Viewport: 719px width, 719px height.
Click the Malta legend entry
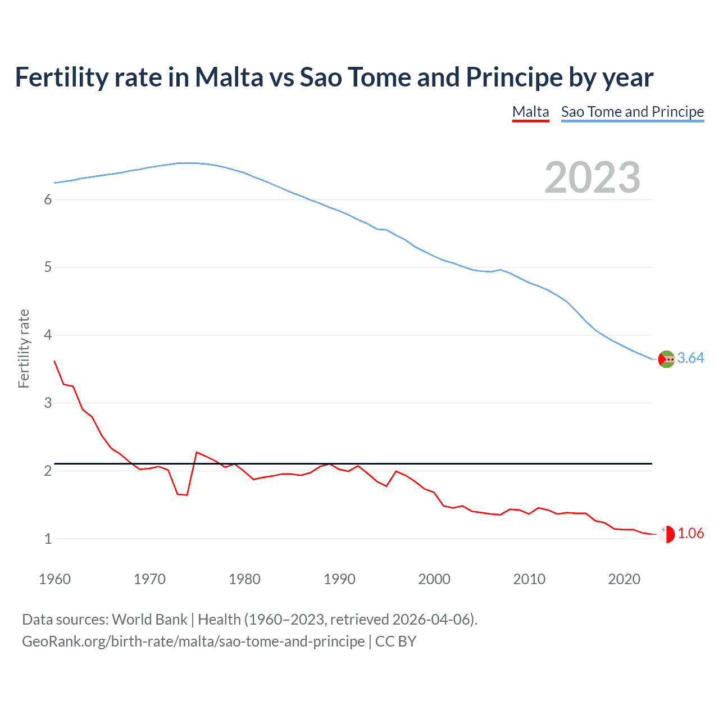(530, 112)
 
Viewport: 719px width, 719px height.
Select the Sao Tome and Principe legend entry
(632, 112)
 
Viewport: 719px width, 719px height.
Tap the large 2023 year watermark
(592, 178)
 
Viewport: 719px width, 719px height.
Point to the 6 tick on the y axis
(48, 199)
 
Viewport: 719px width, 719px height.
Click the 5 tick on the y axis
(48, 267)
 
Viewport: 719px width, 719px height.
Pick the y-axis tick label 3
(48, 403)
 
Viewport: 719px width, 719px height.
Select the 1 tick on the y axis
(48, 539)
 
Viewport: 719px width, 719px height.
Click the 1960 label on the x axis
(54, 579)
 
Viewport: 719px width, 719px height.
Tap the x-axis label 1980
(244, 579)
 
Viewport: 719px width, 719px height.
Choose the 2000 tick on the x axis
(434, 579)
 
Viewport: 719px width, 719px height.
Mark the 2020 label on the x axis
(624, 579)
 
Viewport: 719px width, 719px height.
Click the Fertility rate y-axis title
(24, 348)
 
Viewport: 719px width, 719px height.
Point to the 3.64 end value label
(690, 358)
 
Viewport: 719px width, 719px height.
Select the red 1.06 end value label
(690, 534)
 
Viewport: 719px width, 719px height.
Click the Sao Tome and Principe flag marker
(666, 359)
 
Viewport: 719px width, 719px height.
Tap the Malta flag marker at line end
(666, 534)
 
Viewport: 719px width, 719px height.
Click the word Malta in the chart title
(229, 77)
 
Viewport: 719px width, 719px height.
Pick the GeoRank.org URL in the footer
(193, 641)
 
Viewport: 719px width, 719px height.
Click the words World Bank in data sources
(149, 620)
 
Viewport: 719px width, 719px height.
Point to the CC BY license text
(395, 641)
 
